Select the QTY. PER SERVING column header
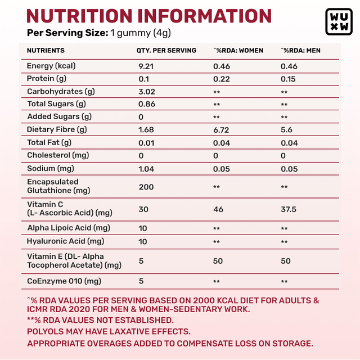166,51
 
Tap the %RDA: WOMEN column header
238,51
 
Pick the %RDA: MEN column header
301,51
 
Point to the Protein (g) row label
47,79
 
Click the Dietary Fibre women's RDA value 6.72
222,130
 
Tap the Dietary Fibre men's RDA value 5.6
286,130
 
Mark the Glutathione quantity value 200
146,186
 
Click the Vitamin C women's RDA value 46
218,209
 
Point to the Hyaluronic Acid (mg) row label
66,241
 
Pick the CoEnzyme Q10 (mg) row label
64,281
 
